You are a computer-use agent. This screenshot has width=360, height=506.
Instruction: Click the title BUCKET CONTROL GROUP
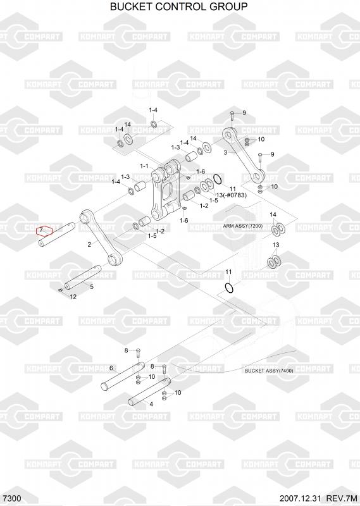(179, 6)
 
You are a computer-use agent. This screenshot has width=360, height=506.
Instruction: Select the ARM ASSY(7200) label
(243, 226)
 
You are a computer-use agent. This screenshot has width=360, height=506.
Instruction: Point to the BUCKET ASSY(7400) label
(269, 371)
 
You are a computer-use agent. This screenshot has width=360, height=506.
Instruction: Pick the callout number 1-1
(144, 166)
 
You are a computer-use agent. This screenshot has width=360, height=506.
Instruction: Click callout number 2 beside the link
(89, 244)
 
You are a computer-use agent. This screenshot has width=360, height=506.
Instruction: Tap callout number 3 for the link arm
(225, 152)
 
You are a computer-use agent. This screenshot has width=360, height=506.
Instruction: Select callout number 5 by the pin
(92, 287)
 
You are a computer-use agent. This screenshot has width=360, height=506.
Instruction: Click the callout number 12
(73, 297)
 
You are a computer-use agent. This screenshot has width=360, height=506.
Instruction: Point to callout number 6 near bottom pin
(111, 368)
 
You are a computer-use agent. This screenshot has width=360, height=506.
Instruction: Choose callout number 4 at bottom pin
(151, 404)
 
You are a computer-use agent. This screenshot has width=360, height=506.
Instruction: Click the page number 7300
(11, 498)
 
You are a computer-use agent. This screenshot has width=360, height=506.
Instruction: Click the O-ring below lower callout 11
(229, 288)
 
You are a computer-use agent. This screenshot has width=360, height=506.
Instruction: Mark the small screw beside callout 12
(60, 290)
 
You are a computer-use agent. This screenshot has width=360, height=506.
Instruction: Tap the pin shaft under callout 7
(57, 235)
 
